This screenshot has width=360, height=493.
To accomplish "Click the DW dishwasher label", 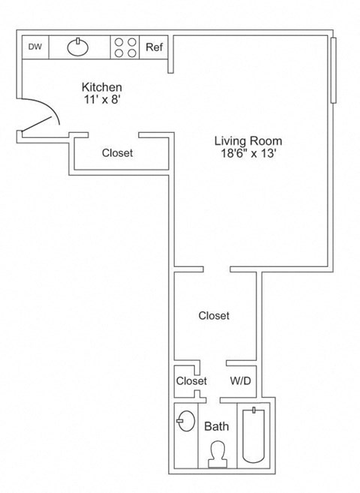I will [x=34, y=47].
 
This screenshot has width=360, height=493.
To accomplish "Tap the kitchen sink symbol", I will [x=78, y=47].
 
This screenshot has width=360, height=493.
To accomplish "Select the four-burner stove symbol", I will [x=124, y=47].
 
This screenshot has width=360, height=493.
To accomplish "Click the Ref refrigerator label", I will [x=154, y=47].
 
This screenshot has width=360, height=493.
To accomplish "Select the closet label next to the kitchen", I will [x=117, y=153].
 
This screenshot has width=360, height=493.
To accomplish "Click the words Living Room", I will [x=248, y=140].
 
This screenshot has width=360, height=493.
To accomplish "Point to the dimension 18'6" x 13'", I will [x=248, y=153].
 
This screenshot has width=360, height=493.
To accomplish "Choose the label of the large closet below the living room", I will [x=214, y=316].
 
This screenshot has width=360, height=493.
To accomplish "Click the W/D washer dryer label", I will [x=240, y=381].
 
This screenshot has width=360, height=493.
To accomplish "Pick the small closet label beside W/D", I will [x=191, y=381].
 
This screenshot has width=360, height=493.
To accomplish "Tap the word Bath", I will [x=217, y=426].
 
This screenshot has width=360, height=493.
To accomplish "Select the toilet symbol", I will [x=217, y=453].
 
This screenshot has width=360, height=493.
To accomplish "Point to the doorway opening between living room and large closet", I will [x=217, y=269].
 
